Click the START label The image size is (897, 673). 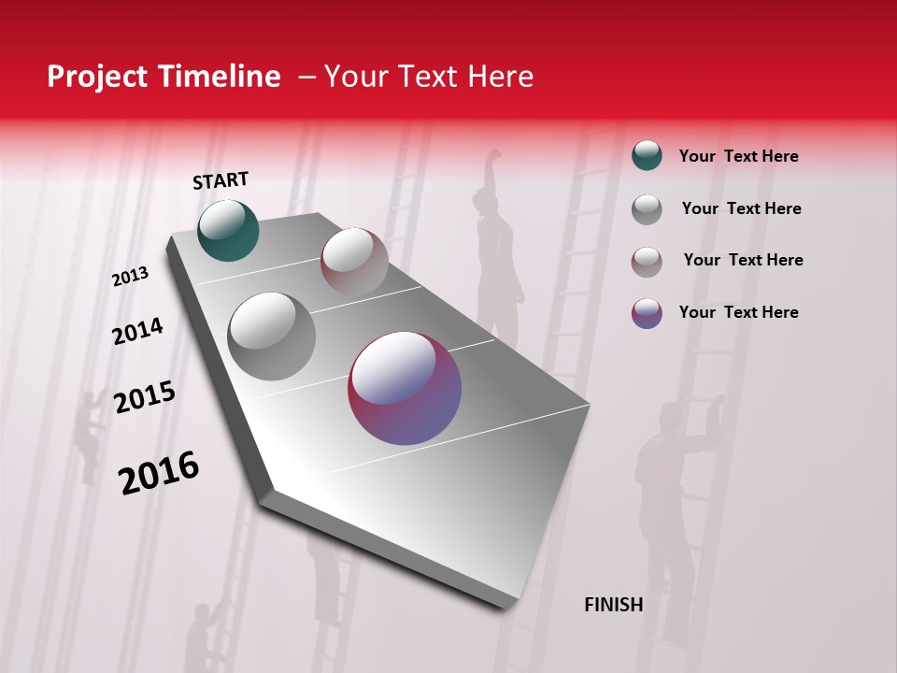tap(221, 180)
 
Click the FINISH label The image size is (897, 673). tap(613, 605)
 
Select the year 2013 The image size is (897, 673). tap(130, 277)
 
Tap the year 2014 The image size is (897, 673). tap(137, 331)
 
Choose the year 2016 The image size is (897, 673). tap(159, 473)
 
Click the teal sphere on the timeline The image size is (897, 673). tap(228, 230)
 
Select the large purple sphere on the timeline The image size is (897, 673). tap(405, 388)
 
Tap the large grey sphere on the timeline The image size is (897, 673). tap(271, 336)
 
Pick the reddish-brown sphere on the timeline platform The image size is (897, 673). tap(354, 262)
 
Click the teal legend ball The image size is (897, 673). tap(647, 155)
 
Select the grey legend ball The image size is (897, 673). tap(647, 208)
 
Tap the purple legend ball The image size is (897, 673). tap(647, 313)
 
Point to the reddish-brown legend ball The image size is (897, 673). tap(647, 261)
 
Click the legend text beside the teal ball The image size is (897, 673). tap(738, 156)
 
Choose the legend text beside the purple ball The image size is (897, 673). tap(738, 312)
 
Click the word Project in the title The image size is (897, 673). tap(96, 77)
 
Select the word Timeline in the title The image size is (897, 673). tap(222, 77)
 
